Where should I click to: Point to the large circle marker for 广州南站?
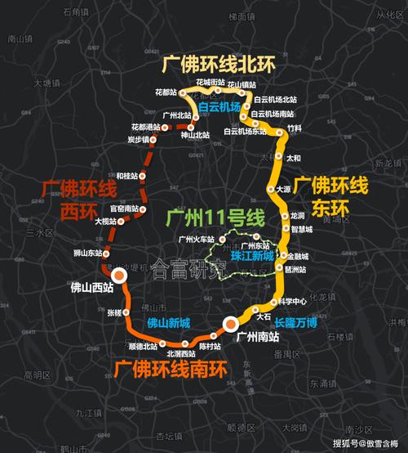(231, 325)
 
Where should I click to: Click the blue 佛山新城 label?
(168, 322)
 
